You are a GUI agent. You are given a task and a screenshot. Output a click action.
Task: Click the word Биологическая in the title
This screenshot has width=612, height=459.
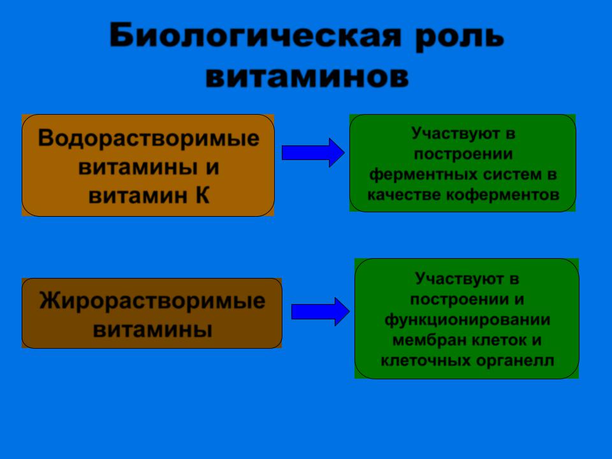click(x=255, y=36)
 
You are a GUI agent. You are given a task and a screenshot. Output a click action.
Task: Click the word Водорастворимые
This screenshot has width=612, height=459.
click(x=149, y=138)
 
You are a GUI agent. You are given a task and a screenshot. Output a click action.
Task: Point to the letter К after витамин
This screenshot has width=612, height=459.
click(x=203, y=195)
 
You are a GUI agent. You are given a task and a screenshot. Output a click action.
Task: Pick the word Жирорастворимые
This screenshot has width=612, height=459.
click(x=152, y=301)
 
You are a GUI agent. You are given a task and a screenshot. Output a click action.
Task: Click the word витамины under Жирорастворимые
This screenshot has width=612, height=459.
click(x=152, y=330)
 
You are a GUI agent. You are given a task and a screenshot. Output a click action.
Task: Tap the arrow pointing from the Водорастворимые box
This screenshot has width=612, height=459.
click(x=313, y=152)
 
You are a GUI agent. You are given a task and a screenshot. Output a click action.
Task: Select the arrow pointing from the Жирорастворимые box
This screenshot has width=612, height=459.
click(x=321, y=312)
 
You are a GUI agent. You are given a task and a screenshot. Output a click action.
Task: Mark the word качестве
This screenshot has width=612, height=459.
click(x=404, y=195)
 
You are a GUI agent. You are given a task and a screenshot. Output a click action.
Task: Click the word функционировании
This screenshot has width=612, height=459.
click(x=467, y=320)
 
